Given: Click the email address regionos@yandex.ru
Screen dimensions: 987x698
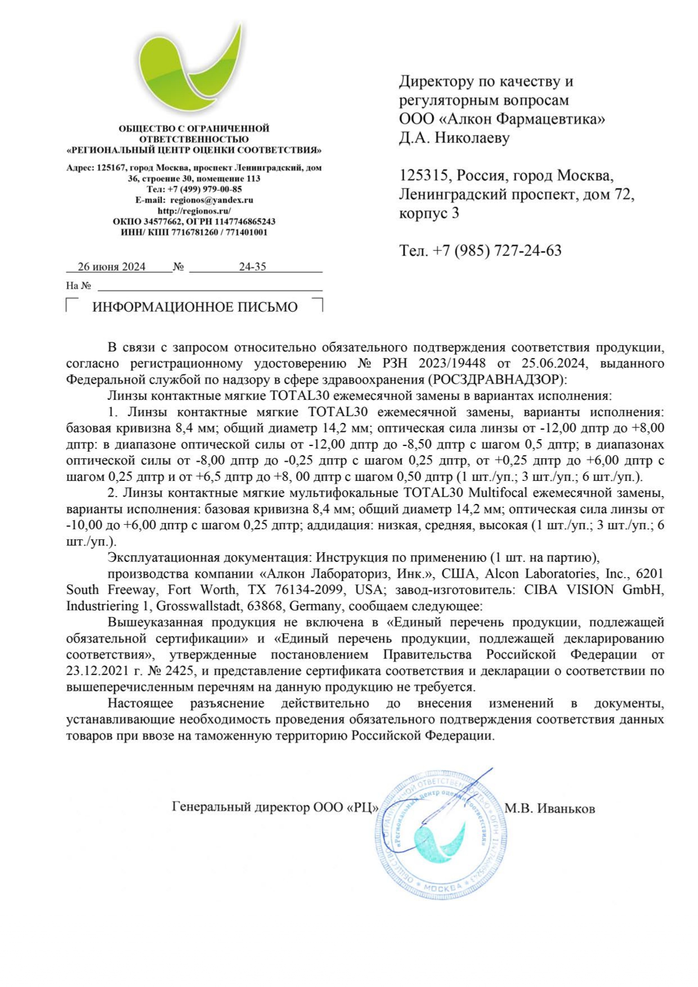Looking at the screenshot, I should (212, 200).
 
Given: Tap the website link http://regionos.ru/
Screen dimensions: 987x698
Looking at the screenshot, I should (194, 211).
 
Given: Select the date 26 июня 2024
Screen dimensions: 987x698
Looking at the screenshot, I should (111, 267).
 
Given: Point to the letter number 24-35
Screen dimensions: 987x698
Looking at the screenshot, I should (252, 267).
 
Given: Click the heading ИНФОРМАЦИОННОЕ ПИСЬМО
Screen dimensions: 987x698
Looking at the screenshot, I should (195, 308).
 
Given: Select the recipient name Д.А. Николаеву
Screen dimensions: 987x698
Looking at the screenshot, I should (454, 138).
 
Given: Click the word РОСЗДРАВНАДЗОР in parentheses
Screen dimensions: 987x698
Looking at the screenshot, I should (496, 380).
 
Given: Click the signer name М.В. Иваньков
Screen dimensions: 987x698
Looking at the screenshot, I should (549, 809).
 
